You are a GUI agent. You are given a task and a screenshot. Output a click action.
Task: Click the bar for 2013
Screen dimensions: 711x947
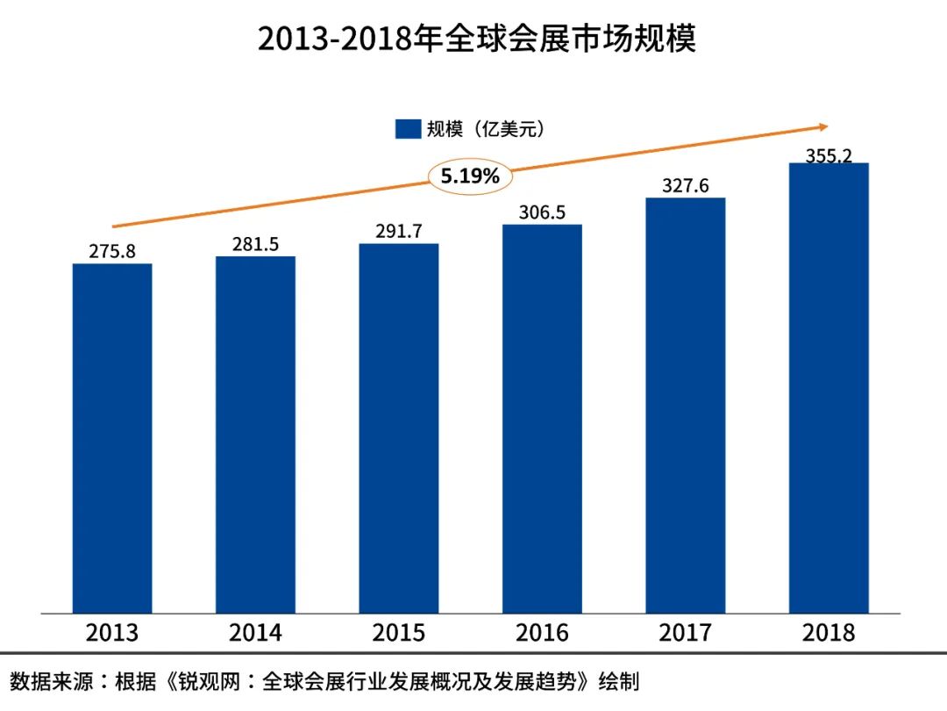(112, 438)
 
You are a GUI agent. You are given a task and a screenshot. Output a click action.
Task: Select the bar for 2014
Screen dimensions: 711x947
(255, 434)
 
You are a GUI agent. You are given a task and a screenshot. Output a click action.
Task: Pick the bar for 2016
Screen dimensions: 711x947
(542, 419)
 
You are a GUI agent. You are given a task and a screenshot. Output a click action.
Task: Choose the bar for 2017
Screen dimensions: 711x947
(686, 405)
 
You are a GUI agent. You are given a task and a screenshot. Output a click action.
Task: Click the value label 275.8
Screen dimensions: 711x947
(112, 251)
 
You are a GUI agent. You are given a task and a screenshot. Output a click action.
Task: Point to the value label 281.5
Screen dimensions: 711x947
(255, 244)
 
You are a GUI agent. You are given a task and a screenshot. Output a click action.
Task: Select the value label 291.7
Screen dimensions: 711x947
(399, 232)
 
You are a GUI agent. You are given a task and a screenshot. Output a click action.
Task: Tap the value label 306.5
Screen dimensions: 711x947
(542, 212)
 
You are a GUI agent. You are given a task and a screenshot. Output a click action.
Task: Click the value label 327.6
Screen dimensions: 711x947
(686, 185)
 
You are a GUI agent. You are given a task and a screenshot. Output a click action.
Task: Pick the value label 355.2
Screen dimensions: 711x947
(829, 155)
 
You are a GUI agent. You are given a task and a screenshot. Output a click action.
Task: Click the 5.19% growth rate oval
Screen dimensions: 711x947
(470, 176)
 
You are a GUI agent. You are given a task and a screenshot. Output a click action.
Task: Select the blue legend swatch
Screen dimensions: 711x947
(408, 129)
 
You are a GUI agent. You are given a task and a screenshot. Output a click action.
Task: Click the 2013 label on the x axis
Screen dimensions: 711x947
(112, 633)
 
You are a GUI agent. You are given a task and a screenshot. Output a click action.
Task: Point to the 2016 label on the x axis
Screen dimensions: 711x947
(542, 633)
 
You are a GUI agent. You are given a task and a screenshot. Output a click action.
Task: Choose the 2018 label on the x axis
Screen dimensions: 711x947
(829, 633)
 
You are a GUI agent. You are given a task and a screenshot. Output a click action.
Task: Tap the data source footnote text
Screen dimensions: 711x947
(324, 681)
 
